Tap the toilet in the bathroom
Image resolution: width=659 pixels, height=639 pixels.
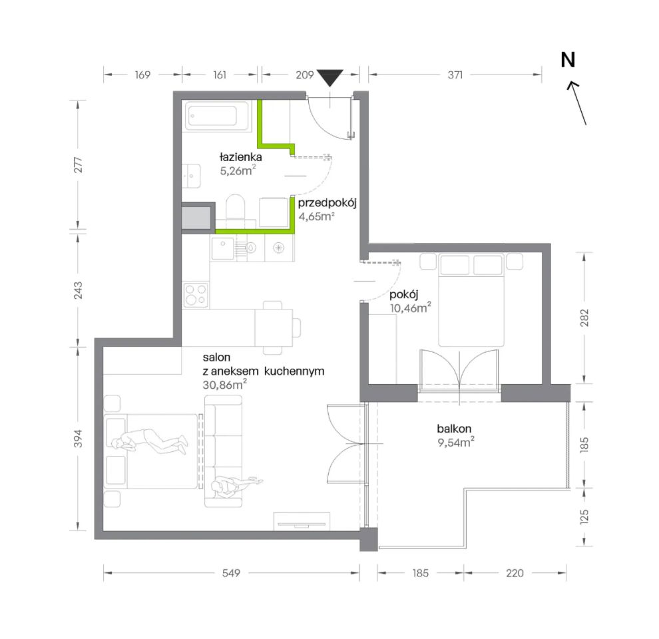[x=236, y=207]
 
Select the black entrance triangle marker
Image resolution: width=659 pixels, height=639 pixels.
[x=330, y=78]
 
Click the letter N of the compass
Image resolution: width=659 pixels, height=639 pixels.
[x=568, y=60]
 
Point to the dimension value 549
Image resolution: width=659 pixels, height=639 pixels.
[x=231, y=573]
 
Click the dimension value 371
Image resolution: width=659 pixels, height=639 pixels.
[x=455, y=75]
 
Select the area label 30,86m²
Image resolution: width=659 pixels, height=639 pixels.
[x=224, y=384]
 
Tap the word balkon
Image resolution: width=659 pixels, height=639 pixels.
[x=454, y=429]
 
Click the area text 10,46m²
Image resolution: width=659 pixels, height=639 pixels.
[x=410, y=308]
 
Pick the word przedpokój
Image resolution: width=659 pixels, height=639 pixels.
[x=328, y=203]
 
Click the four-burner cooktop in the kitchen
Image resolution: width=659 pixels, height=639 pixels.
[x=196, y=295]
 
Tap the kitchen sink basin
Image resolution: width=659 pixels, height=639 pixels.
[x=223, y=248]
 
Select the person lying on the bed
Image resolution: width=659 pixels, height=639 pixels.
[x=150, y=441]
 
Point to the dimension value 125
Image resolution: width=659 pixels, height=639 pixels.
[x=584, y=517]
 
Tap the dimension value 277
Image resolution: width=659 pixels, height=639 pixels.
[x=78, y=165]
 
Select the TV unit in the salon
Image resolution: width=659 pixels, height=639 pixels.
[x=302, y=521]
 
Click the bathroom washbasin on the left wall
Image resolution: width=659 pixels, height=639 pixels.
[x=191, y=176]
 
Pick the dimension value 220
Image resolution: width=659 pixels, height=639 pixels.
[x=515, y=573]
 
